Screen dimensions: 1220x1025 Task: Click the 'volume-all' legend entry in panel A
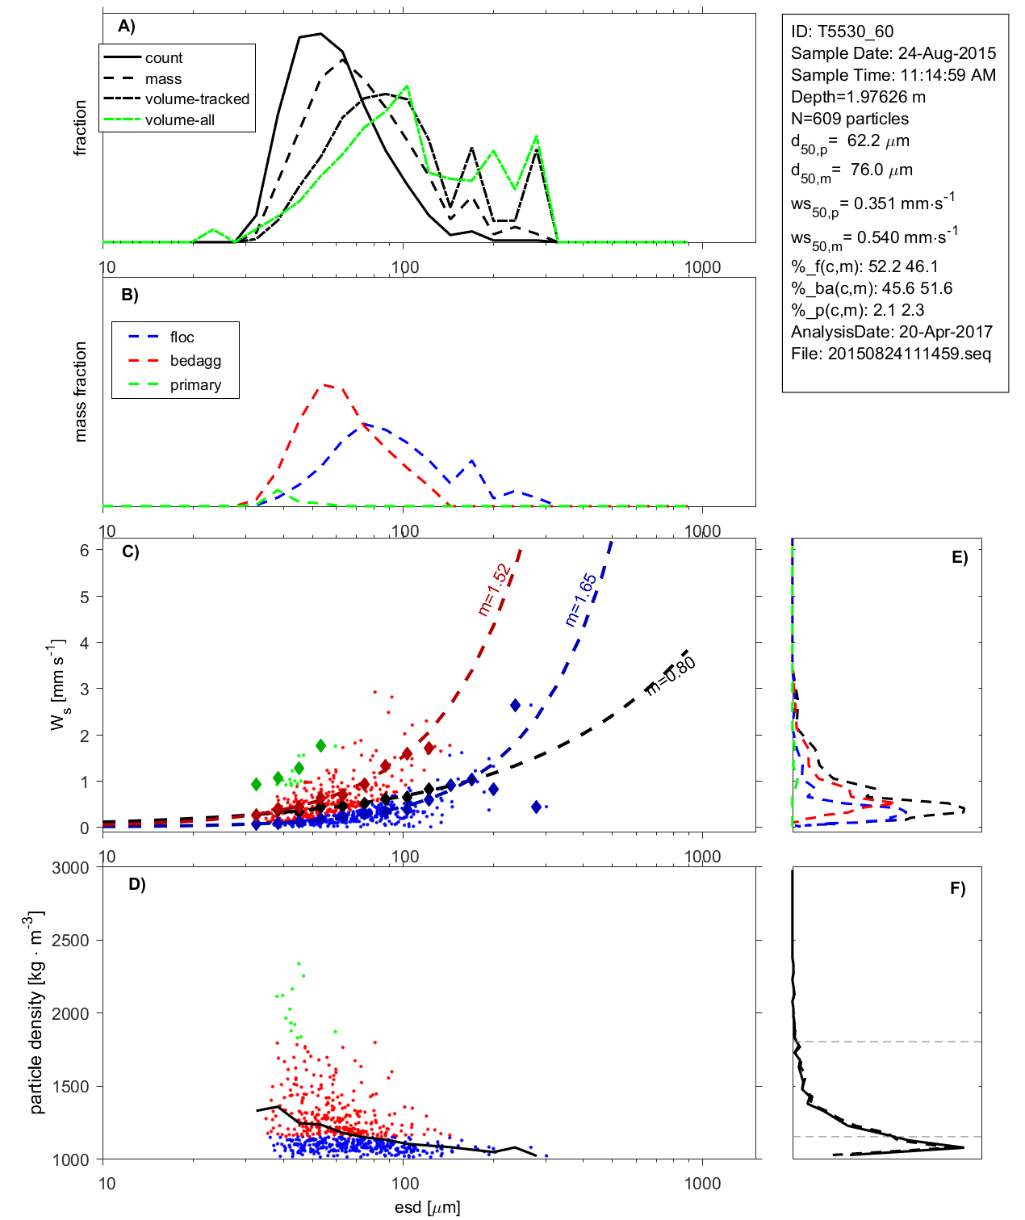click(x=179, y=120)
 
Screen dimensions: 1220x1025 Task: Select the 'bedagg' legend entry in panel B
click(x=195, y=361)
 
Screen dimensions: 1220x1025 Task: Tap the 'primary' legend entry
click(x=195, y=385)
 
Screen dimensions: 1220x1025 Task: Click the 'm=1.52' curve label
click(x=494, y=590)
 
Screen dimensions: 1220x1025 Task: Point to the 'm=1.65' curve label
click(x=581, y=600)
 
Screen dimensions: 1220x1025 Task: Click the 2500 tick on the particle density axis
click(x=70, y=941)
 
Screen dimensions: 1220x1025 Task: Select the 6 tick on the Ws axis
click(x=84, y=550)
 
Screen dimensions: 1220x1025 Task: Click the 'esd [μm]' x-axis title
click(x=427, y=1208)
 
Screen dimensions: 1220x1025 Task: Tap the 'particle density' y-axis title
click(x=36, y=1013)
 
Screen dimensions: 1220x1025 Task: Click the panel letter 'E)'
click(x=959, y=557)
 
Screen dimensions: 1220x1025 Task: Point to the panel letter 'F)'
click(x=957, y=888)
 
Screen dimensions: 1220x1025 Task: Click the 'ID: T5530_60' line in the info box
click(x=842, y=31)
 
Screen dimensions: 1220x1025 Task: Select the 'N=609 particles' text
click(x=849, y=119)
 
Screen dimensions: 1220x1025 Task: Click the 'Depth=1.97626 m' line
click(x=858, y=97)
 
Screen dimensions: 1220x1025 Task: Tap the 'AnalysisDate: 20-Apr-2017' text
click(x=891, y=332)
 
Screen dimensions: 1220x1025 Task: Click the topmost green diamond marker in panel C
click(x=320, y=745)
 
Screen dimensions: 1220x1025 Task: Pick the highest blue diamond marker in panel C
click(x=516, y=705)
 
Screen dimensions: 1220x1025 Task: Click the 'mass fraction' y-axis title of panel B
click(x=80, y=392)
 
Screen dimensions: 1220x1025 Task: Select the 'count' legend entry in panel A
click(x=164, y=58)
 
